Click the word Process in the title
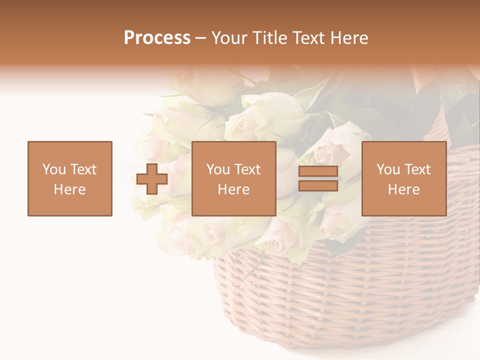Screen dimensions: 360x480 coord(157,38)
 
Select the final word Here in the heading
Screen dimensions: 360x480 coord(348,38)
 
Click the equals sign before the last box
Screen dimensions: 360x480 coord(318,178)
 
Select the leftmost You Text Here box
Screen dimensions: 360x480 coord(70,178)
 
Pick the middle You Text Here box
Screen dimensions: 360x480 coord(234,178)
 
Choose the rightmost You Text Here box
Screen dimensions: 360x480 coord(404,178)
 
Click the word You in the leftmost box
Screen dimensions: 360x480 coord(54,169)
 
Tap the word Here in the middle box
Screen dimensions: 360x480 coord(234,189)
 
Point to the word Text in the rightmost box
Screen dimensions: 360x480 coord(418,169)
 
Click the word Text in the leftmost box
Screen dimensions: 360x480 coord(83,169)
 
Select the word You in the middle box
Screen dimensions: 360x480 coord(218,169)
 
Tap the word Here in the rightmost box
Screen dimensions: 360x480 coord(404,189)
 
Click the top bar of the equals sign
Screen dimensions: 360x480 coord(318,171)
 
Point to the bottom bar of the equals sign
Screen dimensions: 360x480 coord(318,186)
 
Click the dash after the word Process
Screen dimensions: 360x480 coord(201,38)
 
